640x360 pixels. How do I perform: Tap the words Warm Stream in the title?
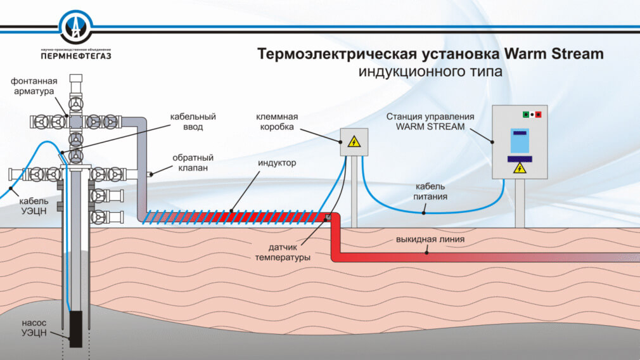click(558, 54)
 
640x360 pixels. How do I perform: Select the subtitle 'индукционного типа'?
click(430, 72)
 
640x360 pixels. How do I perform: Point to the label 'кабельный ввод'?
click(193, 122)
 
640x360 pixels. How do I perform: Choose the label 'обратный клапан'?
click(193, 163)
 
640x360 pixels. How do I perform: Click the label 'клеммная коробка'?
click(277, 122)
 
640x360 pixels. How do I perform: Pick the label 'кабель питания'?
click(431, 191)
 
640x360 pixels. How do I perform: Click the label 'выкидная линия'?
click(430, 240)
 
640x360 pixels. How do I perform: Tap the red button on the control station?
click(539, 115)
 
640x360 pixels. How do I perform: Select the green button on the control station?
click(525, 115)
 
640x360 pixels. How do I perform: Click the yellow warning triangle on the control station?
click(520, 168)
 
